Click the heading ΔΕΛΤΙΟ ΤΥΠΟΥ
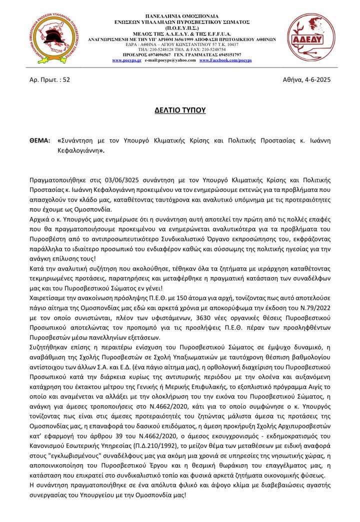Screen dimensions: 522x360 point(179,108)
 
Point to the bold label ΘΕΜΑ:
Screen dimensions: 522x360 point(39,141)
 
